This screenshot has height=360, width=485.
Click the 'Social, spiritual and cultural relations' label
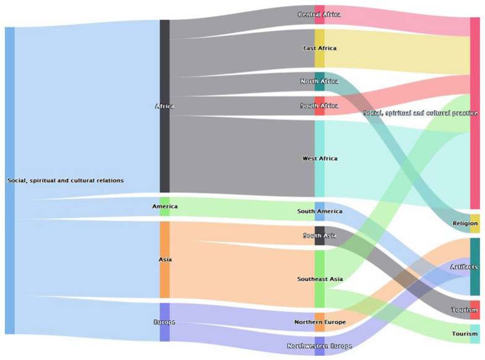pos(65,181)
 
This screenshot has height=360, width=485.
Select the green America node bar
pos(165,206)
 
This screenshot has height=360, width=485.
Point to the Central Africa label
pos(319,14)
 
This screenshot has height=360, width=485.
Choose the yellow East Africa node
pos(319,48)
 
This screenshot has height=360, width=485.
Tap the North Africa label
pos(319,81)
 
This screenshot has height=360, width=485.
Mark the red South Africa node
pos(319,106)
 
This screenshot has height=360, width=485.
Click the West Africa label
pos(319,158)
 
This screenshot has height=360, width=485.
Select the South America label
pos(319,212)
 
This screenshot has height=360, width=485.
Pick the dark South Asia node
pos(319,236)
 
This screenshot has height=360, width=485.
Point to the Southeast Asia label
pos(319,279)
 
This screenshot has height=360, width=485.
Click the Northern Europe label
pos(319,322)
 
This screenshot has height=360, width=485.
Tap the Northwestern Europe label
pos(319,346)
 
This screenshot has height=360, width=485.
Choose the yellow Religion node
pos(474,223)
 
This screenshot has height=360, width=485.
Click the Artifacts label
pos(464,267)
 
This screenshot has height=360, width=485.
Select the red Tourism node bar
pos(474,309)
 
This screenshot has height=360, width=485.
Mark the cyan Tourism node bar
pos(474,333)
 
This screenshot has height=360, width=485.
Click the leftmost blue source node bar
pos(9,181)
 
